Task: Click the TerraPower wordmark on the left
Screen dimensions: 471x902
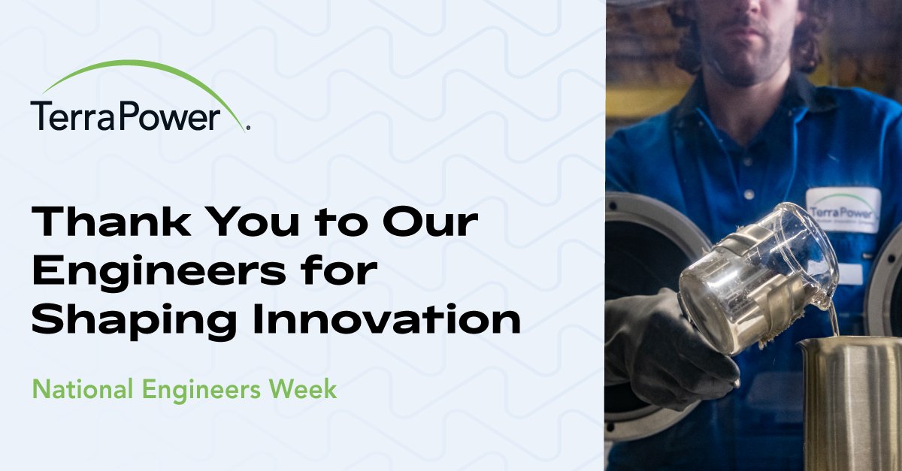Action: point(126,116)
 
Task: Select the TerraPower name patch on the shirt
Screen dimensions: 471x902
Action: point(843,210)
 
